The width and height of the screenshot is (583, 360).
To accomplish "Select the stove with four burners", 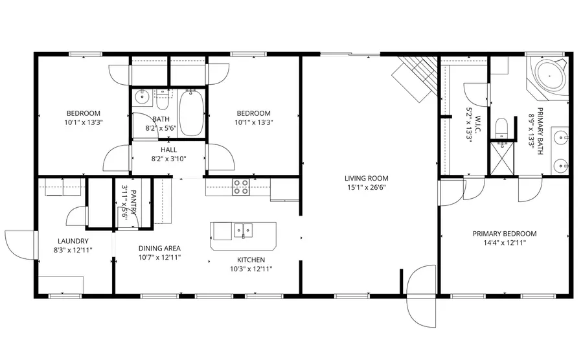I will pyautogui.click(x=241, y=186).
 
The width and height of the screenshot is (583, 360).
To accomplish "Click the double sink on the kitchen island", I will pyautogui.click(x=244, y=229).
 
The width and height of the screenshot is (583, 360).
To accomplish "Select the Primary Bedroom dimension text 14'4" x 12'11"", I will pyautogui.click(x=504, y=243).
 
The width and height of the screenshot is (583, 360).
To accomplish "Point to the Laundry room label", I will pyautogui.click(x=67, y=240).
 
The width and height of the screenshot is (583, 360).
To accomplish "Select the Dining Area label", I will pyautogui.click(x=159, y=248).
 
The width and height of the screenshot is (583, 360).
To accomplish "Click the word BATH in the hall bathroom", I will pyautogui.click(x=161, y=119).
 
